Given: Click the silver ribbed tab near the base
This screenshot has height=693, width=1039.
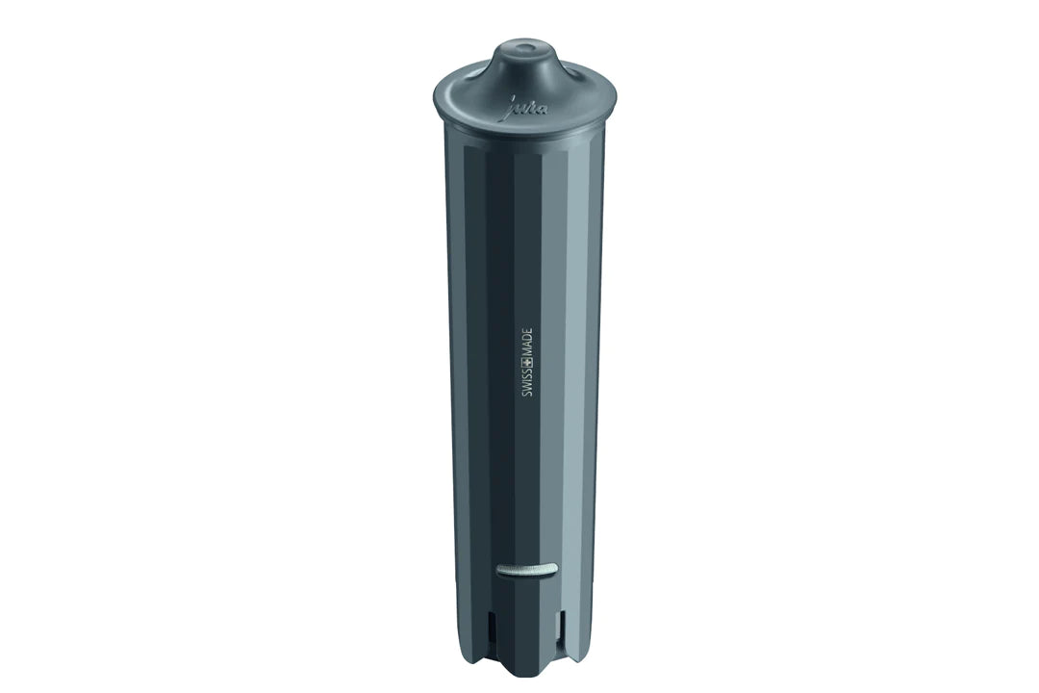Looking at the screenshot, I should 527,569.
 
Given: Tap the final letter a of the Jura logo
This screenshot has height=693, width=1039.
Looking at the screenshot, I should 544,109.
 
